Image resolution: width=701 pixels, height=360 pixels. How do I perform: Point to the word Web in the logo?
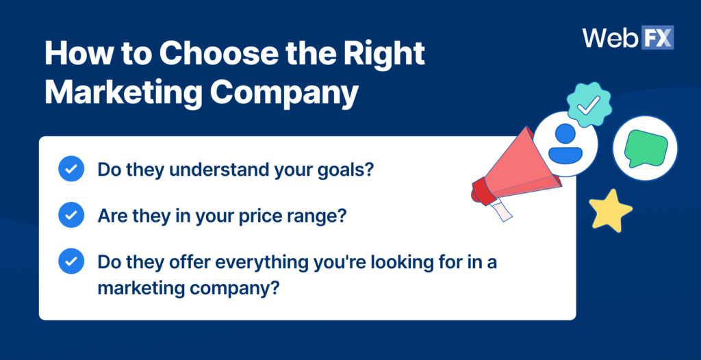611,38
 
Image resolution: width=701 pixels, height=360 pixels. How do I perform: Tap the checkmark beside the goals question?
71,168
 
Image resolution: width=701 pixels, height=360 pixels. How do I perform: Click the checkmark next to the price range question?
71,215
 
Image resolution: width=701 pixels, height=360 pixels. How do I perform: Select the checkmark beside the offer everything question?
71,261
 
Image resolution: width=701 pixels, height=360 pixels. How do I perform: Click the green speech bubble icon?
646,149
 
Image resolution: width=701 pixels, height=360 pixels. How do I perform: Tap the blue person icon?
565,144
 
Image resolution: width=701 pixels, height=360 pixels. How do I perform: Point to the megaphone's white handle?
502,210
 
